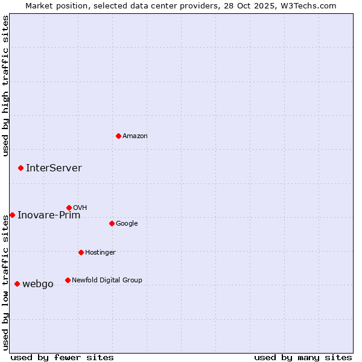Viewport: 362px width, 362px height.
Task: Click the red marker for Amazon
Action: [x=118, y=136]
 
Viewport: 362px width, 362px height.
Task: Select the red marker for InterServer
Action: [x=21, y=168]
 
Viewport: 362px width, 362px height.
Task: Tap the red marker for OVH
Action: [x=69, y=208]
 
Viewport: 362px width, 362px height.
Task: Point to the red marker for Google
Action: [x=112, y=223]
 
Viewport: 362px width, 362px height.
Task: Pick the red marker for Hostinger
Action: [x=81, y=252]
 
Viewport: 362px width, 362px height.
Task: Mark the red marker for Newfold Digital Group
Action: [x=68, y=280]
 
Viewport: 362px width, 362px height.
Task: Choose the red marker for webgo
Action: [x=17, y=284]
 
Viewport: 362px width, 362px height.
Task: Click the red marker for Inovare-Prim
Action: [x=12, y=215]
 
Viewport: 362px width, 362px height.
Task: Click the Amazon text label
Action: [x=135, y=136]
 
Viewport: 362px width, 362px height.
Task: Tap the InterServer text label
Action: [x=54, y=168]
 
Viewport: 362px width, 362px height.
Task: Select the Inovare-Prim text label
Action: [x=49, y=215]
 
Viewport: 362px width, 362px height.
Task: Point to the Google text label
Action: [x=127, y=224]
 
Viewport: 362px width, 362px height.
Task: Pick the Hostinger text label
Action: [x=100, y=252]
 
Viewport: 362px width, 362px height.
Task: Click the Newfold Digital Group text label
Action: [x=107, y=280]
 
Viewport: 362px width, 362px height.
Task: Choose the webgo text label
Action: [x=38, y=284]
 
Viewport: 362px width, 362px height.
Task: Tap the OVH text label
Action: [x=80, y=208]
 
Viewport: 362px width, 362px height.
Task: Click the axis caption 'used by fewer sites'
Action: [x=62, y=358]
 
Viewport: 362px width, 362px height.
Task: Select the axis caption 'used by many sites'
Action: [x=303, y=358]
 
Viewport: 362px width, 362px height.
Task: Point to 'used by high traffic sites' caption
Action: [x=5, y=86]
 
